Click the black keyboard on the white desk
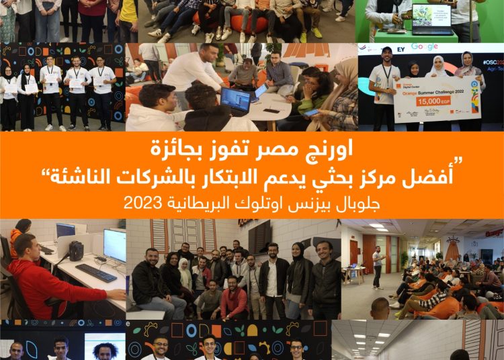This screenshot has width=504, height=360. click(x=96, y=273)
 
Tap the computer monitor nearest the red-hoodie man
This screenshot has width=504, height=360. click(x=114, y=244)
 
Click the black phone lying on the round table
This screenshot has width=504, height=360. click(x=271, y=110)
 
